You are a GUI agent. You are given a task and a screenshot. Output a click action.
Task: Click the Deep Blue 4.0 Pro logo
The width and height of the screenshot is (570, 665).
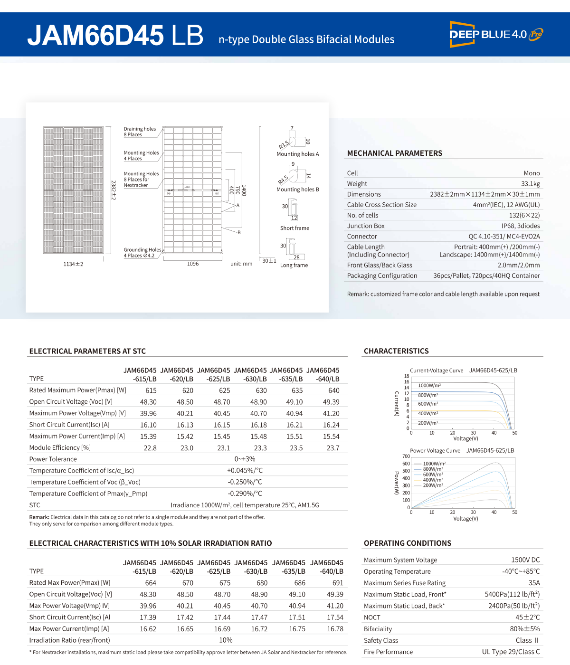pos(495,34)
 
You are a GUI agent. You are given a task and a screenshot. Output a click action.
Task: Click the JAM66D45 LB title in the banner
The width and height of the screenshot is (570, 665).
pos(115,35)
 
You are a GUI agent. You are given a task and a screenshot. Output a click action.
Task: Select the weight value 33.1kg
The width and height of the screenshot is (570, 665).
pos(530,184)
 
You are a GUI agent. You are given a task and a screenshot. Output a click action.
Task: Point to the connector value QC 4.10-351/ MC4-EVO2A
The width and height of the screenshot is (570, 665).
pos(504,237)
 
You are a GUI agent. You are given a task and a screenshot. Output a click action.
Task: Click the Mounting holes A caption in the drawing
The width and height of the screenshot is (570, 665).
pos(298,154)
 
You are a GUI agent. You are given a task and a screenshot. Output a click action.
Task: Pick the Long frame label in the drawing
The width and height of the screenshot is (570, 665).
pos(294,265)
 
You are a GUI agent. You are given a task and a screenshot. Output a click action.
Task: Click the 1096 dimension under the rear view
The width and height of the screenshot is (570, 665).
pos(193,264)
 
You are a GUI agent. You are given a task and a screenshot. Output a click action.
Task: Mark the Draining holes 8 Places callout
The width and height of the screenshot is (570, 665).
pos(140,132)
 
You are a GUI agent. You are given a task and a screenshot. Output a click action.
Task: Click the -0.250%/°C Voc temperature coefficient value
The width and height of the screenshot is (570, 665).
pos(245,482)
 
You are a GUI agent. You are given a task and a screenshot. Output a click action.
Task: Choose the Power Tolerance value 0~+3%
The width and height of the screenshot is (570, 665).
pos(245,459)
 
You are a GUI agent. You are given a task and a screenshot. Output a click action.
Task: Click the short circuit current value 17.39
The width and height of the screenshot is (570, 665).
pos(148,617)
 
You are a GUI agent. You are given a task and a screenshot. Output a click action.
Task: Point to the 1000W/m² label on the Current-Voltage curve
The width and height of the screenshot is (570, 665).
pos(429,386)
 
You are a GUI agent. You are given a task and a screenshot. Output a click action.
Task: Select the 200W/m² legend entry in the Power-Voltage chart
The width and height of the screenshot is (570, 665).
pos(433,485)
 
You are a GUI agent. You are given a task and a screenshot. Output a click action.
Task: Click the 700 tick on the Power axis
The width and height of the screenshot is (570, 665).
pos(406,456)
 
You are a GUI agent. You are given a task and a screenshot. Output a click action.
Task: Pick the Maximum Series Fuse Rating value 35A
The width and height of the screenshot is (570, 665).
pos(534,583)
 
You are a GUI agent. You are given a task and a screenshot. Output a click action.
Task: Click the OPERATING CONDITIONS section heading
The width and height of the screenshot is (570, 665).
pos(408,543)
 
